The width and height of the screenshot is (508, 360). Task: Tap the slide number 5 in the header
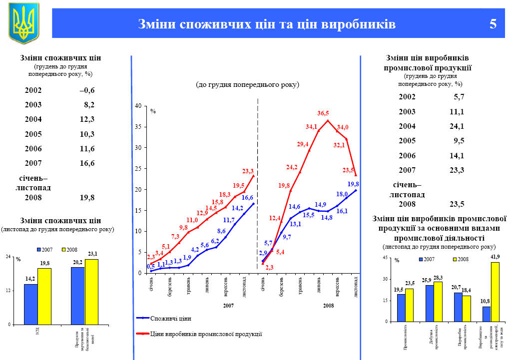[x=493, y=23]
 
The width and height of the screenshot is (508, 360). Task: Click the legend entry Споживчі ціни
[x=170, y=318]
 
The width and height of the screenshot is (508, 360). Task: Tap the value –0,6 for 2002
[x=86, y=90]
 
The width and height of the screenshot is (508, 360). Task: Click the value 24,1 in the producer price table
[x=456, y=126]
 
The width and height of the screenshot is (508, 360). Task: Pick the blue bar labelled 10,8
[x=486, y=314]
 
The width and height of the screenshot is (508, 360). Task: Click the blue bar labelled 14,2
[x=30, y=304]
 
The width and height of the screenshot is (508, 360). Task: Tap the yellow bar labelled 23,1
[x=91, y=292]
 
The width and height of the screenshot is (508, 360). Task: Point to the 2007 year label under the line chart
[x=228, y=305]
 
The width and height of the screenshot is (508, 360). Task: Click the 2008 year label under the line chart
[x=328, y=305]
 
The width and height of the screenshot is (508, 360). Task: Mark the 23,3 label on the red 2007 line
[x=248, y=172]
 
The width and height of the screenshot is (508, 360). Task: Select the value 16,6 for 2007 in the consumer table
[x=87, y=163]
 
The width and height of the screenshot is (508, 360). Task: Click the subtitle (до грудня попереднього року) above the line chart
[x=247, y=85]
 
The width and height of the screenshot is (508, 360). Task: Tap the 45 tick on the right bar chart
[x=385, y=257]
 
